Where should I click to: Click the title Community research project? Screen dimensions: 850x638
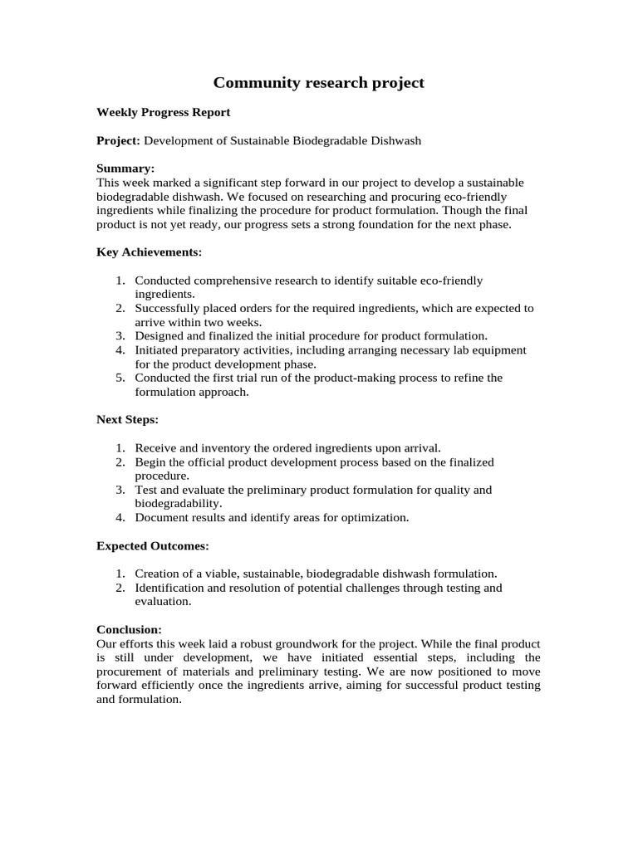point(319,82)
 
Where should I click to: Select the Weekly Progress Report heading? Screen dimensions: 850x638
point(164,112)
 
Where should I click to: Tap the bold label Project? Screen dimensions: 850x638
point(119,140)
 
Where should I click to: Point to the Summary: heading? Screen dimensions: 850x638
point(125,169)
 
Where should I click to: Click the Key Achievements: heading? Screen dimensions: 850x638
point(150,252)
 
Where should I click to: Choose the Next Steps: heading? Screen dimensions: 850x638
point(127,419)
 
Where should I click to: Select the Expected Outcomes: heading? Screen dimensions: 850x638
point(153,545)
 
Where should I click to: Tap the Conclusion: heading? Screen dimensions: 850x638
point(129,629)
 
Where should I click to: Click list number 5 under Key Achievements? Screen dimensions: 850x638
point(120,378)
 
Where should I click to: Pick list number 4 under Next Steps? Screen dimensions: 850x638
point(120,517)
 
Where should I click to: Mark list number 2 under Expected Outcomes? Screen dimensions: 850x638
point(120,588)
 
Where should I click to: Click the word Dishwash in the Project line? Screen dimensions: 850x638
point(397,140)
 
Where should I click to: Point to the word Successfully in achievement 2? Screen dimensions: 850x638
point(167,308)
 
